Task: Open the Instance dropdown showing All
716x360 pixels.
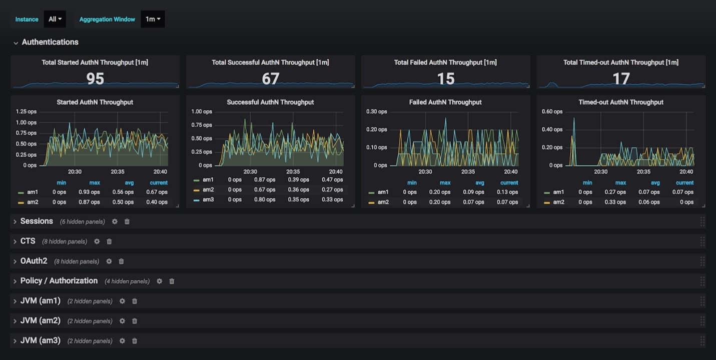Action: pyautogui.click(x=55, y=19)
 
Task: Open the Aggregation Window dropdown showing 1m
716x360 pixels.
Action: pyautogui.click(x=153, y=19)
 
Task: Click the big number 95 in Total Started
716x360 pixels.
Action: pyautogui.click(x=95, y=78)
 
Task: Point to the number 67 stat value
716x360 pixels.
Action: pyautogui.click(x=270, y=78)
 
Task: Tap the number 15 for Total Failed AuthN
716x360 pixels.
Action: pyautogui.click(x=445, y=78)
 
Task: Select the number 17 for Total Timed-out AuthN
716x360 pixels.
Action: pyautogui.click(x=621, y=78)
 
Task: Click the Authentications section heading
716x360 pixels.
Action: pyautogui.click(x=50, y=42)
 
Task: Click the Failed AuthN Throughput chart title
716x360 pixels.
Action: pyautogui.click(x=445, y=102)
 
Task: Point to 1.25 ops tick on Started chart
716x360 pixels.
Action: pyautogui.click(x=26, y=111)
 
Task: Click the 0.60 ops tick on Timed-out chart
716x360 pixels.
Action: pyautogui.click(x=552, y=111)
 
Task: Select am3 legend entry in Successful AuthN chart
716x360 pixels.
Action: pyautogui.click(x=208, y=199)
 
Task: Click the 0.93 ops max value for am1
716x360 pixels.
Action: pyautogui.click(x=89, y=192)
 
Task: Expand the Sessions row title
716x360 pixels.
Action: pyautogui.click(x=37, y=221)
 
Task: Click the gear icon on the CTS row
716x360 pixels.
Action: pyautogui.click(x=97, y=241)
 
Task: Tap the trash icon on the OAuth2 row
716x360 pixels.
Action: pyautogui.click(x=121, y=261)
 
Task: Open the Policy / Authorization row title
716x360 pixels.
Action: pyautogui.click(x=59, y=281)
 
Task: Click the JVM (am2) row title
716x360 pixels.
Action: pyautogui.click(x=41, y=320)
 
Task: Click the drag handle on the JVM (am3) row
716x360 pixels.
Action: pyautogui.click(x=702, y=340)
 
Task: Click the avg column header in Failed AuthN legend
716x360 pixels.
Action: pyautogui.click(x=480, y=183)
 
